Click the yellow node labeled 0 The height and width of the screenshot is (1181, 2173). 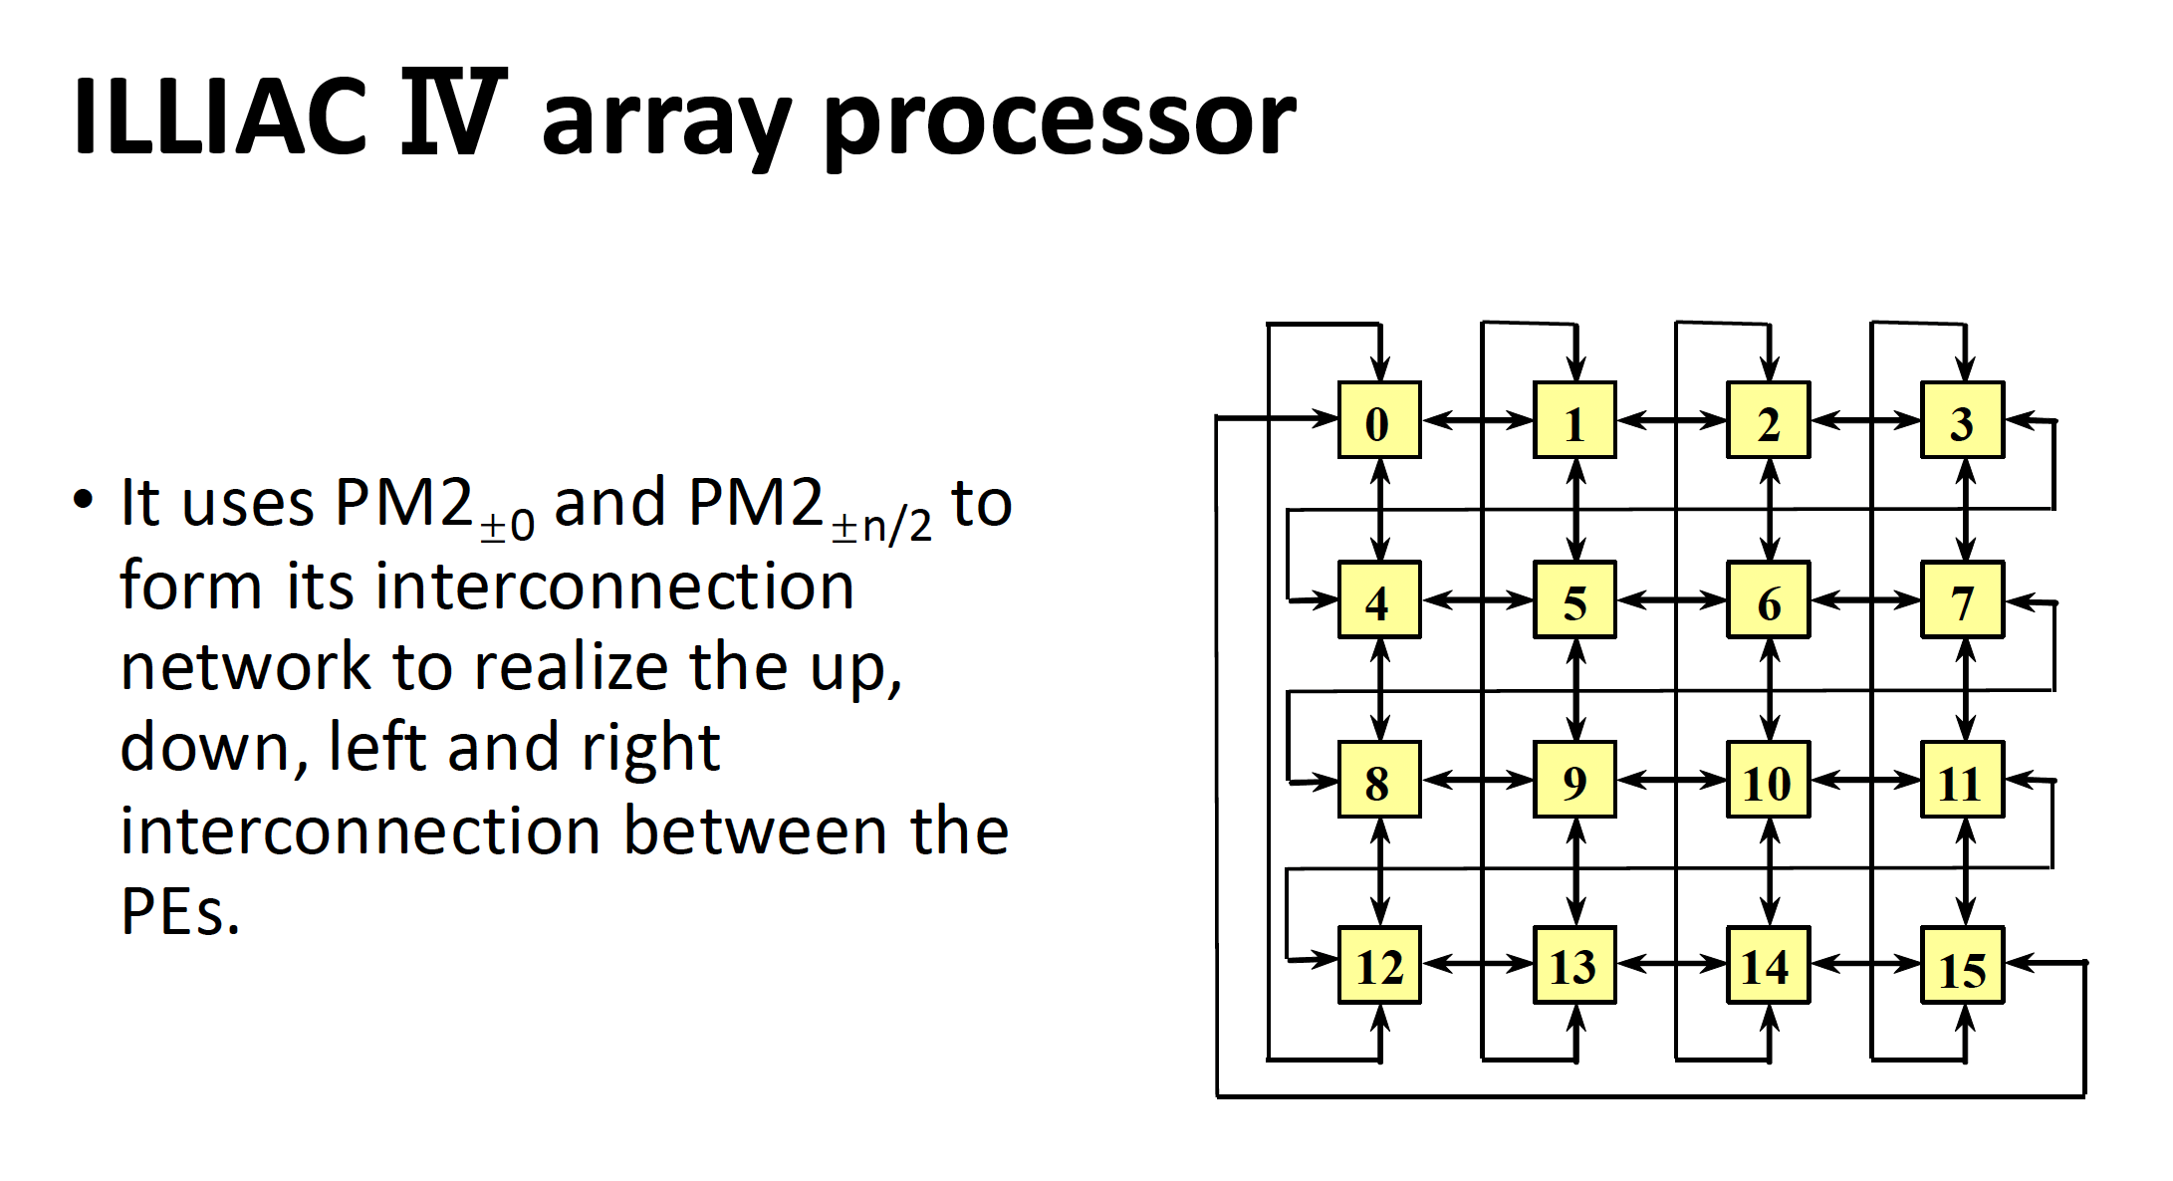(1378, 420)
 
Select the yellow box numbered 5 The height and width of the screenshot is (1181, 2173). (1573, 599)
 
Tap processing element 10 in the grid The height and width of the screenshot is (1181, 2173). (1768, 780)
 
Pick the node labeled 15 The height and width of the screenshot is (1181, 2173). (1962, 965)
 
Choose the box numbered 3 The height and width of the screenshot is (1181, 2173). (1962, 420)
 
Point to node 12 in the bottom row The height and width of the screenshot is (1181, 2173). (1378, 965)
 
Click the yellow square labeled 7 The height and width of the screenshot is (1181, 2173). (1962, 599)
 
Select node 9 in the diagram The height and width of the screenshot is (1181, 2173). (1573, 780)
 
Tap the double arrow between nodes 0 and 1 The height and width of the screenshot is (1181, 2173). (1477, 420)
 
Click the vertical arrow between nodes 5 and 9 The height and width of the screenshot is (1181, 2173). (1575, 689)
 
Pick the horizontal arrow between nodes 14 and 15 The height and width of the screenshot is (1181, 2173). (1865, 963)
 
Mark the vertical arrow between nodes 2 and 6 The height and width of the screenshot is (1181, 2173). (1770, 510)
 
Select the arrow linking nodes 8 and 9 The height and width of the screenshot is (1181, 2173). (1477, 780)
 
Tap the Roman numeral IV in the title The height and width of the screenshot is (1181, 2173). (453, 113)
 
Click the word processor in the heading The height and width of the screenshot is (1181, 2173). (1060, 121)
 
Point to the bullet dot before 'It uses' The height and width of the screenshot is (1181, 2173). (84, 499)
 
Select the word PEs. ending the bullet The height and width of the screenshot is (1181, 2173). (180, 911)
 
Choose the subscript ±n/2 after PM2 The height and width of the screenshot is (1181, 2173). (882, 525)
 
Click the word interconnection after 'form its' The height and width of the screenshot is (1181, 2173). (614, 586)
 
